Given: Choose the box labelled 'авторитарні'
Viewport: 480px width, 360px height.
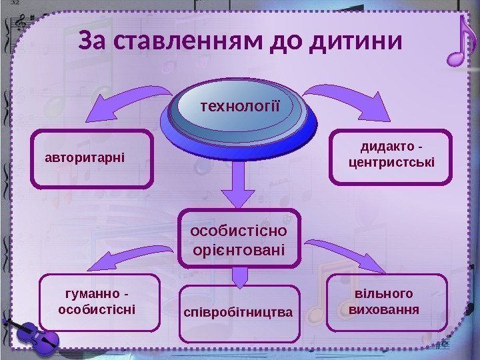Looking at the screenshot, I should click(x=91, y=159).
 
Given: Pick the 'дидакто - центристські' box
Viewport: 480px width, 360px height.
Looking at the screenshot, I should click(x=391, y=155).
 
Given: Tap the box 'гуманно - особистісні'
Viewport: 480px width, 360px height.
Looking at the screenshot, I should click(x=100, y=302).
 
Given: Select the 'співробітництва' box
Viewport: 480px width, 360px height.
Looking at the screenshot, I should click(x=239, y=311).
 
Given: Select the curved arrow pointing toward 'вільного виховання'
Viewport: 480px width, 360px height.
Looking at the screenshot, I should click(x=340, y=252).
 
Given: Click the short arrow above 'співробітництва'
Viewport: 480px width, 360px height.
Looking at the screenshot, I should click(x=239, y=276).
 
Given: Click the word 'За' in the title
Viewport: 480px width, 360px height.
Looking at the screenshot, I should click(x=94, y=41).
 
